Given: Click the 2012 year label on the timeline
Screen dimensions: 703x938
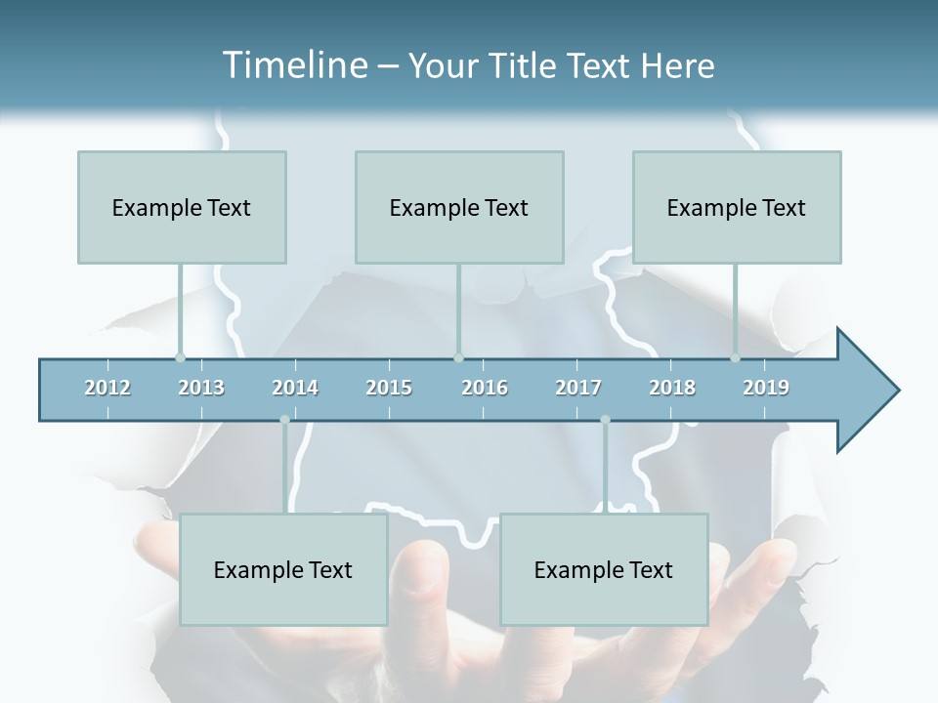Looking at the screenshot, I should coord(107,388).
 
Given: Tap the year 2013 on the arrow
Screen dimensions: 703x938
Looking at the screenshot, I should coord(201,388).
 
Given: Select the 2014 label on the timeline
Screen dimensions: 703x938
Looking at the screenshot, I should coord(295,388).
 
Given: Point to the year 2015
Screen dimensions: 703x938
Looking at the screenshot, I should coord(389,388).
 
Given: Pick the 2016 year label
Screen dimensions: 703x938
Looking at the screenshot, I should coord(485,388).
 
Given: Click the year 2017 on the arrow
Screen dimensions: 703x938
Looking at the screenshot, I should coord(578,388).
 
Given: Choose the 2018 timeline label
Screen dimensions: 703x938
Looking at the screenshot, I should coord(672,388).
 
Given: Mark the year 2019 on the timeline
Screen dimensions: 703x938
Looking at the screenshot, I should coord(766,388).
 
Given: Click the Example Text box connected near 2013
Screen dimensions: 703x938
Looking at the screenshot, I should coord(182,207).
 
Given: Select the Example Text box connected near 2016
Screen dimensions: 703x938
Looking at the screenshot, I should coord(459,207).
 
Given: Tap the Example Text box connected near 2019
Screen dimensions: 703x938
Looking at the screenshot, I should coord(737,207).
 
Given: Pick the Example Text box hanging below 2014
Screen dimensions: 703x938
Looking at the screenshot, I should coord(283,569).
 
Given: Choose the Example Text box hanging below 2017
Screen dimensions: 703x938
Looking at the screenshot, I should coord(604,569).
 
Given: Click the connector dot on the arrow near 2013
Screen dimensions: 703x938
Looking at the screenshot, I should coord(180,358).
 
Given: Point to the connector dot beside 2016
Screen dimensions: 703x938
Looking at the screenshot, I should coord(458,358).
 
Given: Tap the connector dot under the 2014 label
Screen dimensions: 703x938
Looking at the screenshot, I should coord(284,420).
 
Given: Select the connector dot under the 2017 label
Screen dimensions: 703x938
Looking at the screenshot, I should coord(605,420).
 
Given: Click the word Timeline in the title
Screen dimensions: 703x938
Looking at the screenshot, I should coord(293,65).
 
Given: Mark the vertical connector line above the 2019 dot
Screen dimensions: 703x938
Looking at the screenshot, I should coord(736,308).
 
